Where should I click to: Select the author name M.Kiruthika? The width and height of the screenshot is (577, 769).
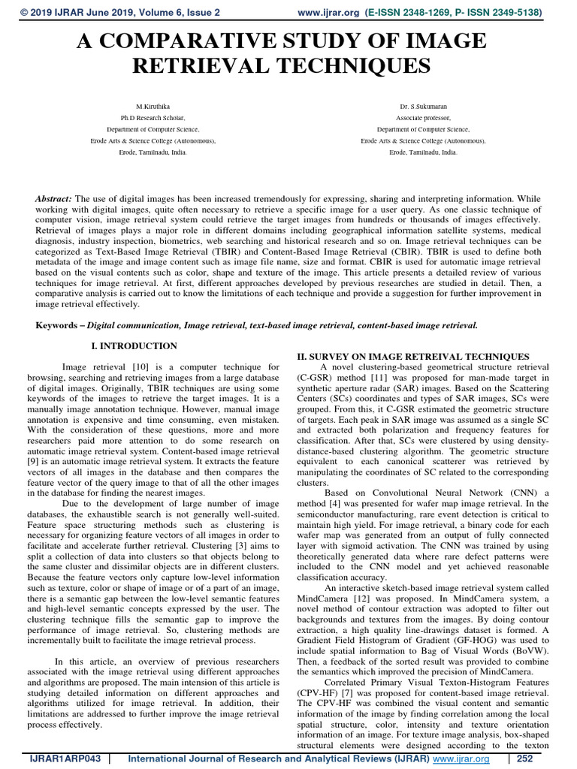pos(153,107)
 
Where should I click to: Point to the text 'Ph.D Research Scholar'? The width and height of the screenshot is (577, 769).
pos(153,118)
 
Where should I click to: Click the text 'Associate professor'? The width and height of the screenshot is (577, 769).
pos(423,118)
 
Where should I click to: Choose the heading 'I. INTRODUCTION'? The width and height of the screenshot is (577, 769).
pos(133,346)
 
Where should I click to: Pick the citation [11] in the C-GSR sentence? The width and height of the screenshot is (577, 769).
pos(373,377)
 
